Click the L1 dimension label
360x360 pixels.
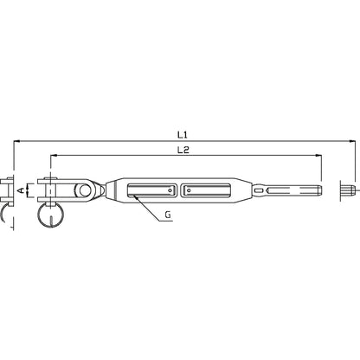click(x=183, y=134)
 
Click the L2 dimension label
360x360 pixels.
click(x=183, y=150)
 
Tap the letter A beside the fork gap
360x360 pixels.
click(x=21, y=190)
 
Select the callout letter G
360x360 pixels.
click(x=168, y=215)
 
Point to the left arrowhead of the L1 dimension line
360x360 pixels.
click(x=16, y=141)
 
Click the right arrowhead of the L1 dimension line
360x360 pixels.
click(x=352, y=141)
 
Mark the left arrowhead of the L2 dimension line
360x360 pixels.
click(x=54, y=155)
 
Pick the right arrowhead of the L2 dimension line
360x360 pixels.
click(x=318, y=155)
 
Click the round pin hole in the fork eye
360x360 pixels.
click(x=84, y=190)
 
